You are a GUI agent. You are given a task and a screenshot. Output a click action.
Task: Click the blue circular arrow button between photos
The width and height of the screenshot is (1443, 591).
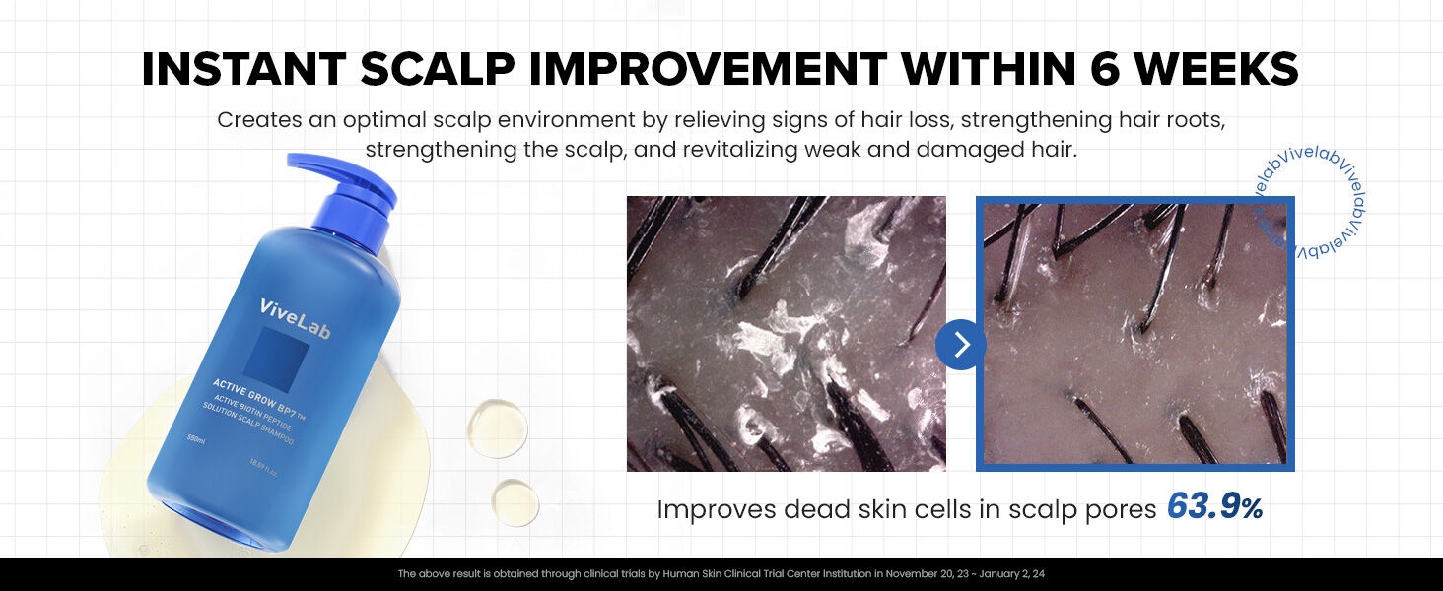[961, 344]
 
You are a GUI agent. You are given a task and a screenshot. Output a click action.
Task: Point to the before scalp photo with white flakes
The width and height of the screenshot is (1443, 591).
[786, 333]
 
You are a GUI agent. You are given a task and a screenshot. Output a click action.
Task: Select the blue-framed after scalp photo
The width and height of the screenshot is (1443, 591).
[1134, 333]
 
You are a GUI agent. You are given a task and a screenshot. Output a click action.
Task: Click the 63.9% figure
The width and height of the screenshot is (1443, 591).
[1214, 507]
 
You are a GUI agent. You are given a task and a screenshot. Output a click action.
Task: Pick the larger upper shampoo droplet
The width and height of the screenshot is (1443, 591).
[497, 427]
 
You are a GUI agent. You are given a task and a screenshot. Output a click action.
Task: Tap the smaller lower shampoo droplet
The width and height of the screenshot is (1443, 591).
[515, 501]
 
